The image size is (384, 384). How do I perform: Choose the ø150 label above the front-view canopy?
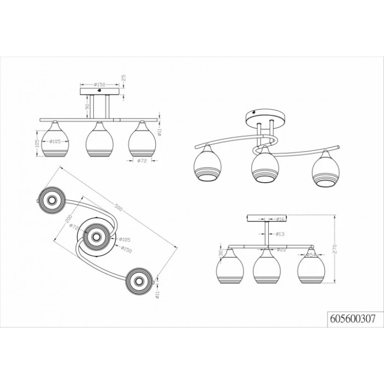click(x=99, y=84)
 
